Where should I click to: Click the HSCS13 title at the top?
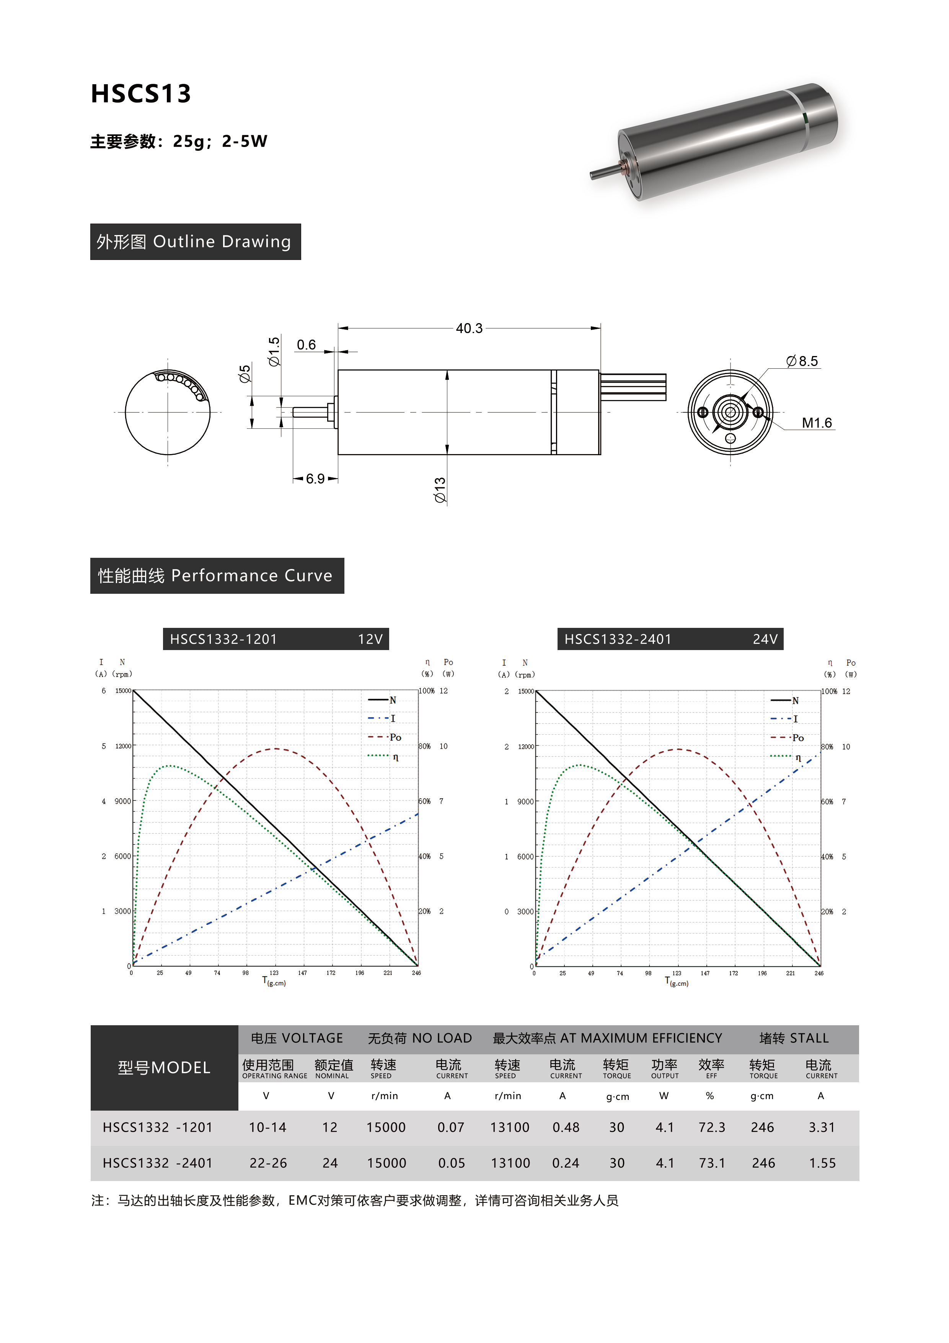pos(141,93)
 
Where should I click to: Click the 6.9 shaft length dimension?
pos(315,479)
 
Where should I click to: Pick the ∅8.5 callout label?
pos(802,361)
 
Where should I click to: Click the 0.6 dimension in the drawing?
pos(307,345)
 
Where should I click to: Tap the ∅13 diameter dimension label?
pos(440,490)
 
